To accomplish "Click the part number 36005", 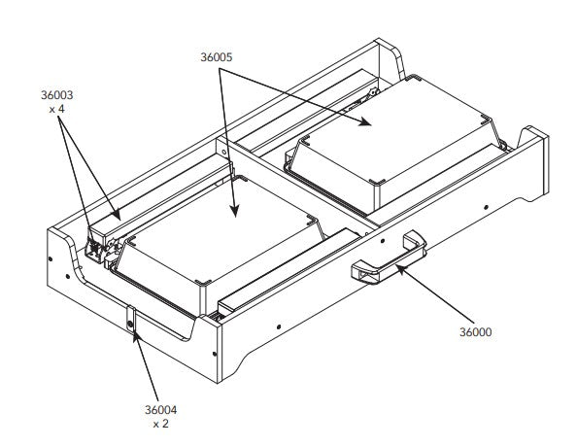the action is pos(216,57).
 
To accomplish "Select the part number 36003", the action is pos(56,95).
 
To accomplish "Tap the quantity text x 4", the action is pos(56,109).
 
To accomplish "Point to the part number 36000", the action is pos(475,332).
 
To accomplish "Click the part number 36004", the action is pos(160,410).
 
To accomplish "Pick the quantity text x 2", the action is pos(161,424).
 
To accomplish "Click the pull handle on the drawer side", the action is pos(389,257).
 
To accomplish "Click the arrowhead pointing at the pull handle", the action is pos(401,268).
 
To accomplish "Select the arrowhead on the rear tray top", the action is pos(365,121).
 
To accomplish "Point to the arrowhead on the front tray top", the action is pos(234,211).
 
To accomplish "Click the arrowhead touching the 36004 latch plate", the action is pos(135,336).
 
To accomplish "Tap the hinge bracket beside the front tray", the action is pos(96,249).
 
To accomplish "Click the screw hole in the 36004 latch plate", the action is pos(130,325).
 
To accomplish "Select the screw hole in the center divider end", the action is pos(223,152).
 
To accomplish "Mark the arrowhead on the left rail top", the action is pos(116,215).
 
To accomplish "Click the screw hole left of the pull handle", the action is pos(383,241).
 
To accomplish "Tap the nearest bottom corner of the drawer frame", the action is pos(218,383).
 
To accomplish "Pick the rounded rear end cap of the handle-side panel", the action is pos(534,162).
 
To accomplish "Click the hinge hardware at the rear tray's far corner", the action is pos(372,91).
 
